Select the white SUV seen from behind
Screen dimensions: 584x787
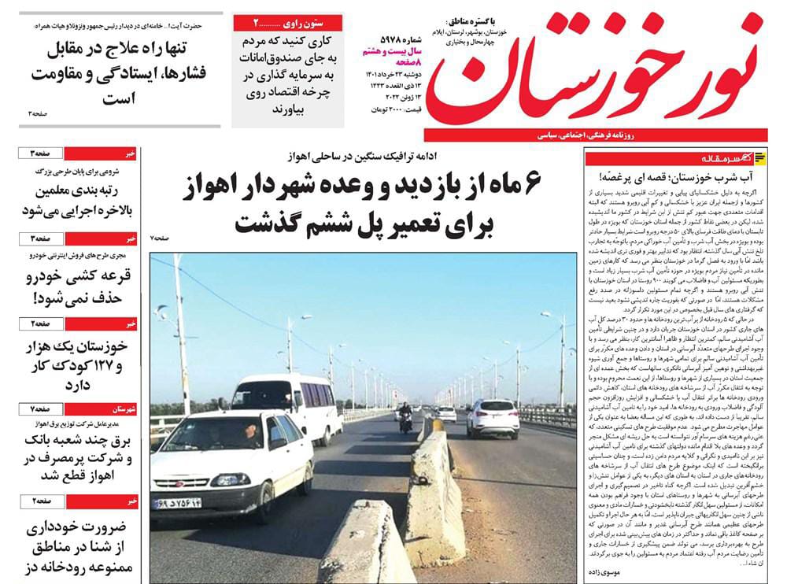[x=493, y=416]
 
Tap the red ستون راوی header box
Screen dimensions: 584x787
[x=287, y=22]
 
